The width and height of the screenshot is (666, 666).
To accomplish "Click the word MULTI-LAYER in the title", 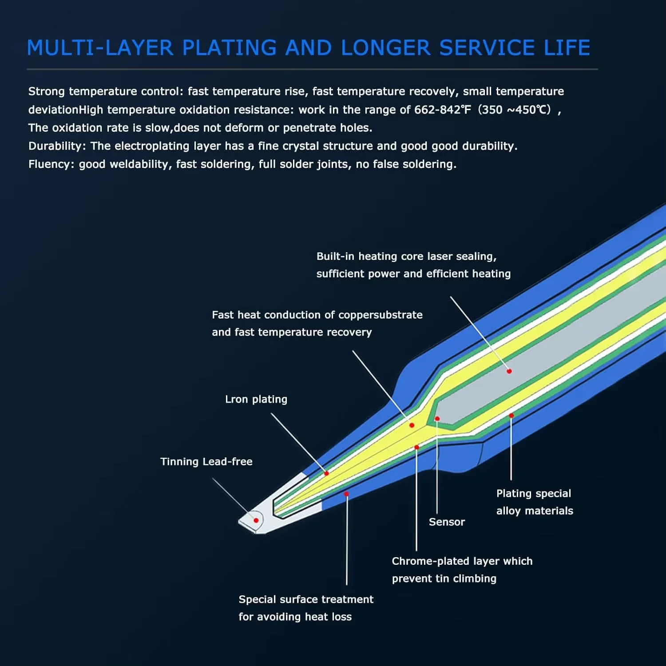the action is [x=100, y=48].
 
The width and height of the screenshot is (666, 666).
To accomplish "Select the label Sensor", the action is [x=447, y=522].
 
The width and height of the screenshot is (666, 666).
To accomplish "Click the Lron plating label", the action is [x=256, y=400].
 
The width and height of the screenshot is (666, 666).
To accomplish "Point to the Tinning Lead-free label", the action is [x=206, y=462].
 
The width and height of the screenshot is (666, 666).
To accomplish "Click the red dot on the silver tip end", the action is [x=256, y=520].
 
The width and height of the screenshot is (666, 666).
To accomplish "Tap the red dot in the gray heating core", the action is [x=509, y=371].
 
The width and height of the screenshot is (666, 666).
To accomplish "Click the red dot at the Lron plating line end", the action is [x=326, y=474].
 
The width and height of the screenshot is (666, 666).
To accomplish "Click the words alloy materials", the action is [x=535, y=511].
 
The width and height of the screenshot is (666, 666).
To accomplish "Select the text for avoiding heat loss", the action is [x=295, y=617].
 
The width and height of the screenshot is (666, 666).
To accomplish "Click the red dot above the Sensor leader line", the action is [x=437, y=419].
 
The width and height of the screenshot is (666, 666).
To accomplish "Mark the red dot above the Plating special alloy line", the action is [x=511, y=416].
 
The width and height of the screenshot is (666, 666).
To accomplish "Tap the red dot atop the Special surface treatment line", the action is [x=346, y=494].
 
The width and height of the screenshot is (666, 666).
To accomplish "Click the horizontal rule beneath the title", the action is [x=312, y=69].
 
